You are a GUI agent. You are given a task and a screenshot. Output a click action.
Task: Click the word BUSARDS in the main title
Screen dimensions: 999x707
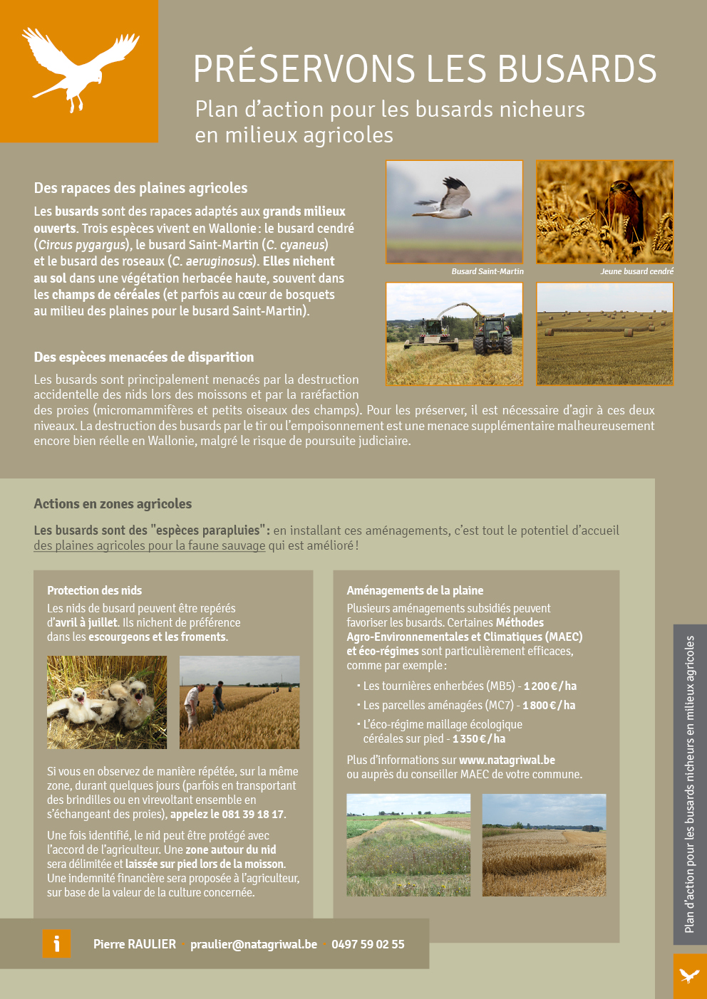click(577, 69)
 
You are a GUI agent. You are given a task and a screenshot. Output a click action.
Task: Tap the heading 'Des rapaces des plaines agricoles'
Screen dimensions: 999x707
click(140, 188)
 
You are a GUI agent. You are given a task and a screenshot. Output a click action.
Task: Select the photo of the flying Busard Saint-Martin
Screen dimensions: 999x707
click(455, 211)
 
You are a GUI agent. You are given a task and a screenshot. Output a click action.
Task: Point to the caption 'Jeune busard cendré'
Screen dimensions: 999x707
click(636, 271)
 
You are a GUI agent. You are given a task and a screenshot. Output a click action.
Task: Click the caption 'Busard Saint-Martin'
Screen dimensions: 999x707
click(487, 271)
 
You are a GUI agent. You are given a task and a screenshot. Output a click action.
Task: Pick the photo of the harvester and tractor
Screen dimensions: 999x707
click(455, 334)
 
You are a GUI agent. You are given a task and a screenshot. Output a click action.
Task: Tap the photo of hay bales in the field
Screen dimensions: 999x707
click(604, 334)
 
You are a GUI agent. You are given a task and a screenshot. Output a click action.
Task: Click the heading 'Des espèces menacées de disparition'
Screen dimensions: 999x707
click(144, 357)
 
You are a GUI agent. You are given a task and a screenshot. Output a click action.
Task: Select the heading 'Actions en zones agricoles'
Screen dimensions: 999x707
click(113, 504)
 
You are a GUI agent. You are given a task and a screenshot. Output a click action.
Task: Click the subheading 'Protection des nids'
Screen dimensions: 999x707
click(94, 590)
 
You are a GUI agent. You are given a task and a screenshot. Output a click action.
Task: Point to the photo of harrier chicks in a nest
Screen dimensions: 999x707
click(107, 702)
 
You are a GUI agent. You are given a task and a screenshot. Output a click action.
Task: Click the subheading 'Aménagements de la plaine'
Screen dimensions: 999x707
click(415, 590)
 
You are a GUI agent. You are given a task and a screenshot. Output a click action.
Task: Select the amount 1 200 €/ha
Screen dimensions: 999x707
click(550, 686)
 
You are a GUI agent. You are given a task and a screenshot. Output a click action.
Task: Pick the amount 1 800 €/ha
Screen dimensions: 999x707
click(549, 706)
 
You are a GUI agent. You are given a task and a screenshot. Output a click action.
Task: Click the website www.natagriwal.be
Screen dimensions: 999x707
click(507, 760)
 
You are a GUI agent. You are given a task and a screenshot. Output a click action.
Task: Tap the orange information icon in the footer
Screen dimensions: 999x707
click(57, 944)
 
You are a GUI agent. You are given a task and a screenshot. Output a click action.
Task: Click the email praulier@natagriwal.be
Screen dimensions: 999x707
click(254, 944)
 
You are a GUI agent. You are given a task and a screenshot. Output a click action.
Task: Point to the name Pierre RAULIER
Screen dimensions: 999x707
click(135, 944)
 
